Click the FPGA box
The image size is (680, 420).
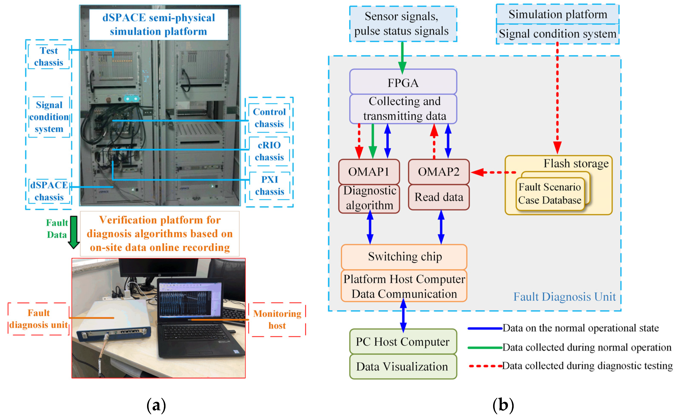click(403, 82)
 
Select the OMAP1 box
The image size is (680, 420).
click(369, 172)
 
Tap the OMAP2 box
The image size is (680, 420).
click(438, 172)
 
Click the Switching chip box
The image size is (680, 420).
click(404, 256)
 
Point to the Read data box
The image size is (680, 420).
click(438, 197)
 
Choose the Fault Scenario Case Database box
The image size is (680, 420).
click(550, 194)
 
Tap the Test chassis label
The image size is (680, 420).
click(49, 57)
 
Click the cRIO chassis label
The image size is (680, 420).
click(269, 151)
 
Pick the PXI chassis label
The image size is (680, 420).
click(270, 186)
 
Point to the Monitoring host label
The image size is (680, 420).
click(277, 319)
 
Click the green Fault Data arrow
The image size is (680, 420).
click(74, 232)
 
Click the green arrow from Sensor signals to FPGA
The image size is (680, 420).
click(402, 57)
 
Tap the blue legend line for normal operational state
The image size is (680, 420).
click(485, 328)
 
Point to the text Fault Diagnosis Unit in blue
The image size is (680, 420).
click(564, 297)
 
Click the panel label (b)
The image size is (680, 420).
click(503, 405)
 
